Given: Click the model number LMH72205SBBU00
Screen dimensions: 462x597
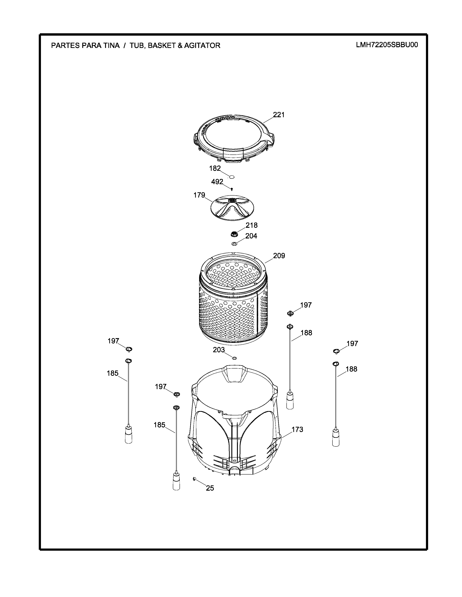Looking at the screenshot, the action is [x=387, y=45].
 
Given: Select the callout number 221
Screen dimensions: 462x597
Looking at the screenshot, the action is [x=279, y=115].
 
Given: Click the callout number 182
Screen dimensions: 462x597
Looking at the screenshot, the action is [x=215, y=168].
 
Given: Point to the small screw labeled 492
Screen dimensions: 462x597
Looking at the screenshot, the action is [x=232, y=189].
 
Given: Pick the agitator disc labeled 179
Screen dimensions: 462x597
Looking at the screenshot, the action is [x=232, y=208].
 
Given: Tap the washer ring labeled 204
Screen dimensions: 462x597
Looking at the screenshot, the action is [x=234, y=243].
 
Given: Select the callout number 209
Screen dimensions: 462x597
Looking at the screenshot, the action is [x=279, y=256].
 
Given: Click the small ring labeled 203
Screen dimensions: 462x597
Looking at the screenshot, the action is [x=234, y=358].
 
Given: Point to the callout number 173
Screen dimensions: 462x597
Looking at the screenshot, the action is [x=297, y=429].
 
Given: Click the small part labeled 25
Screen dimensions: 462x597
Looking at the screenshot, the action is [x=195, y=478].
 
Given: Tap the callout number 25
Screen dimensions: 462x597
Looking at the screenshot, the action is [x=210, y=488].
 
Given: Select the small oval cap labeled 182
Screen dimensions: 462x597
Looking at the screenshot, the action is [x=232, y=177].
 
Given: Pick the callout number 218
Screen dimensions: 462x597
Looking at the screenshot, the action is [x=251, y=225].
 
